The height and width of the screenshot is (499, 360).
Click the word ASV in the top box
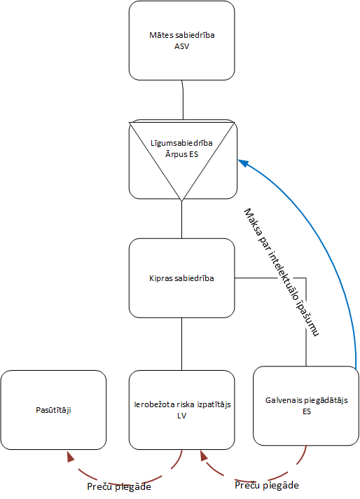pyautogui.click(x=181, y=46)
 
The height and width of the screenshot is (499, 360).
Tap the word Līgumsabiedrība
pyautogui.click(x=181, y=143)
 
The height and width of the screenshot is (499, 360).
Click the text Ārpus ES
pyautogui.click(x=181, y=154)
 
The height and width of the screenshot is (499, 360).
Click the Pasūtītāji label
pyautogui.click(x=53, y=410)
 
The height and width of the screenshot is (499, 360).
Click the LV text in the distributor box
pyautogui.click(x=181, y=416)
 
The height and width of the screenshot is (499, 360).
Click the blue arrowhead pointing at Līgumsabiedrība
pyautogui.click(x=244, y=163)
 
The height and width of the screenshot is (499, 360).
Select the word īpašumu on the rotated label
pyautogui.click(x=307, y=319)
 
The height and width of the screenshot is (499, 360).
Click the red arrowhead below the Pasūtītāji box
pyautogui.click(x=70, y=456)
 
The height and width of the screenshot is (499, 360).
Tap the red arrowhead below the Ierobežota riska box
pyautogui.click(x=204, y=456)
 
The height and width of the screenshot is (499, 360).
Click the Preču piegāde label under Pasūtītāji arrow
pyautogui.click(x=119, y=487)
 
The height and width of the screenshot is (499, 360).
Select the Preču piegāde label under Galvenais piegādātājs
pyautogui.click(x=267, y=486)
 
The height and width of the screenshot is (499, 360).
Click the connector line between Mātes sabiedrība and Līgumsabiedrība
pyautogui.click(x=183, y=100)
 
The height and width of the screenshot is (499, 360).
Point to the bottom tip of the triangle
pyautogui.click(x=181, y=201)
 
